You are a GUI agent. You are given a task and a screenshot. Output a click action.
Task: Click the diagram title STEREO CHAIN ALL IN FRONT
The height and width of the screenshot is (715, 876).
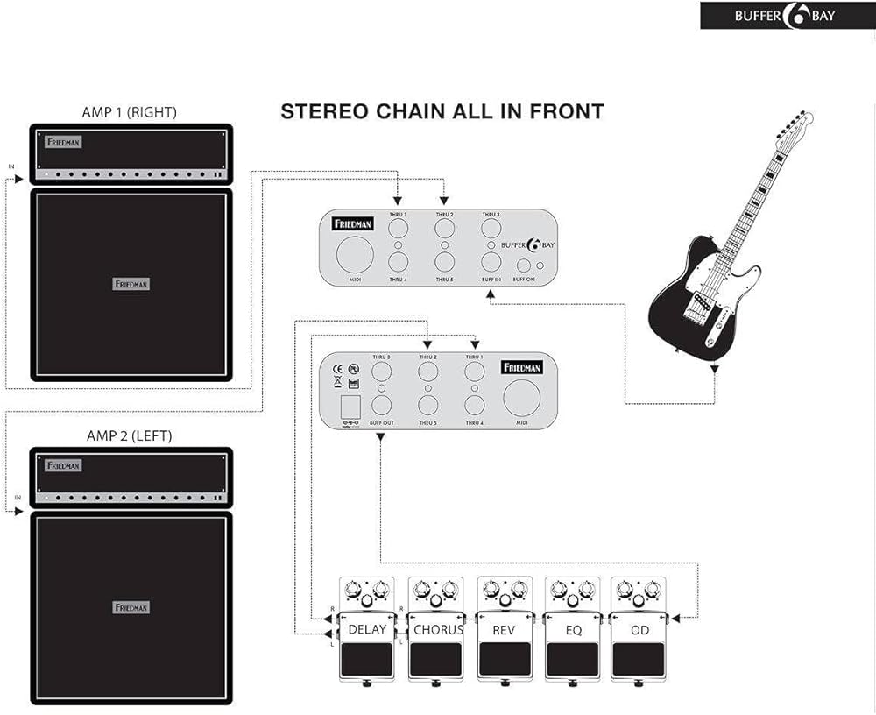(442, 111)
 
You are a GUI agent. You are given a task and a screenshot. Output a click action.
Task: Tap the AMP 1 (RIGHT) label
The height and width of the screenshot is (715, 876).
(130, 112)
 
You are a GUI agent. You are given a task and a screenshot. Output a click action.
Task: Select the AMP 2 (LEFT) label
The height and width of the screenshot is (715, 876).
(130, 435)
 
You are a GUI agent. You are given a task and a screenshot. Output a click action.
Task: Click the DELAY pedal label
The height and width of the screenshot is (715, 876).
(366, 629)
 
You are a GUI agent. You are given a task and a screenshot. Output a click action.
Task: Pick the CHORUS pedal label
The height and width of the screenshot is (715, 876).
(436, 629)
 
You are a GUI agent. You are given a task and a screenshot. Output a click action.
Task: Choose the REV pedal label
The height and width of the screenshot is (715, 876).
(504, 629)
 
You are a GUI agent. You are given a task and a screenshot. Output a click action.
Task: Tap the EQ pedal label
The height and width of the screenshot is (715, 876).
(572, 629)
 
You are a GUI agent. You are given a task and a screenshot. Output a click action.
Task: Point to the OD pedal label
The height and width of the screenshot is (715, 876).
(639, 629)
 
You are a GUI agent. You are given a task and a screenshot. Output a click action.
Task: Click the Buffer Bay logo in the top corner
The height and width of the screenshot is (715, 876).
(787, 15)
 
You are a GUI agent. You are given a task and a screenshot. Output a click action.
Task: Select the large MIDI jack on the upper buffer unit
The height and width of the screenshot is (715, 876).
(355, 254)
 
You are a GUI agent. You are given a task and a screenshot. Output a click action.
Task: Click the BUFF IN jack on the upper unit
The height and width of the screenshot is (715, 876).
(491, 261)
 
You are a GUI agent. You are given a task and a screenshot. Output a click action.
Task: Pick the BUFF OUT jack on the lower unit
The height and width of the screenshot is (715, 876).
(382, 405)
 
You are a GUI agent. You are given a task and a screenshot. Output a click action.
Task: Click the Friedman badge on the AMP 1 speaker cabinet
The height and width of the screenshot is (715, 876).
(131, 284)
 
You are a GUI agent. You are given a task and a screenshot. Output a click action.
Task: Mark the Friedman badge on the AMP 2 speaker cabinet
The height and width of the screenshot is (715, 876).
(131, 607)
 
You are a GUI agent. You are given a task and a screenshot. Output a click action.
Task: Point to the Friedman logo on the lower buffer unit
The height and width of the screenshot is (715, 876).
(522, 368)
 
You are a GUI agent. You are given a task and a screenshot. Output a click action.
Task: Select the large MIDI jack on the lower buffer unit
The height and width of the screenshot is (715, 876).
(521, 399)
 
